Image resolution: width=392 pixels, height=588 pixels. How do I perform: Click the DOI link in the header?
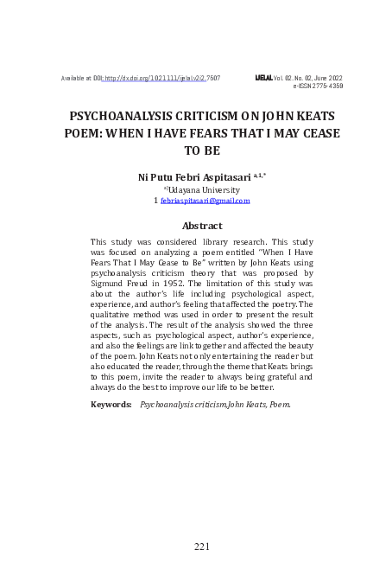tap(161, 78)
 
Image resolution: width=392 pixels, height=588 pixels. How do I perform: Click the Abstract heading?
tap(202, 226)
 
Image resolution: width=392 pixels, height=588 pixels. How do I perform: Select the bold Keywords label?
tap(111, 404)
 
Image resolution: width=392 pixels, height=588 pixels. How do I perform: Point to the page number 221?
tap(202, 546)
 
